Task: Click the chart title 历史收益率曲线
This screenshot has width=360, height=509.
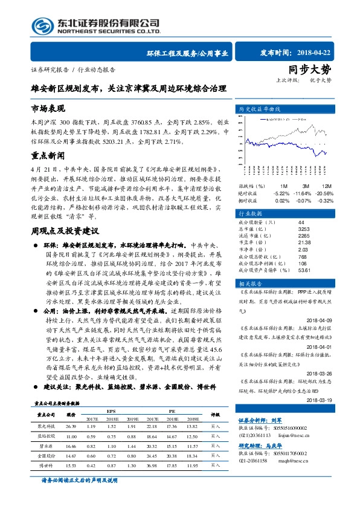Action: (x=260, y=109)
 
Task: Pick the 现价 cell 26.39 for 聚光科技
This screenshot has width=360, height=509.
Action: (x=71, y=443)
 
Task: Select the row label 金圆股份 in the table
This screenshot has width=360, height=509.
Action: (x=46, y=472)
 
